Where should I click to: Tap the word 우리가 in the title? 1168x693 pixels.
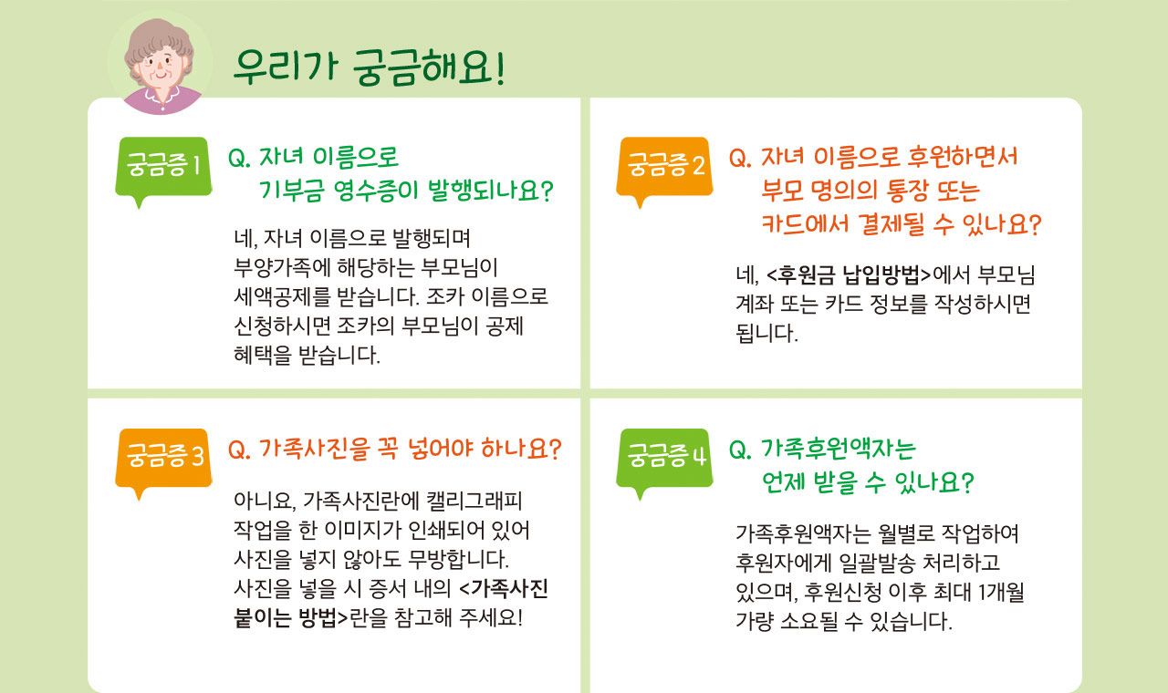click(x=286, y=67)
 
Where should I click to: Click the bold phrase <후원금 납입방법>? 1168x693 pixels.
click(x=849, y=275)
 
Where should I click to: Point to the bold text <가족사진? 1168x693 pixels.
click(x=504, y=589)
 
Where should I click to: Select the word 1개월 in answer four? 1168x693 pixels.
click(x=1001, y=592)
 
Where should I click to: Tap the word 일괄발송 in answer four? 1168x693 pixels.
click(x=877, y=563)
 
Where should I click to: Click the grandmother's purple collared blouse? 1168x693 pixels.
click(x=162, y=101)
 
